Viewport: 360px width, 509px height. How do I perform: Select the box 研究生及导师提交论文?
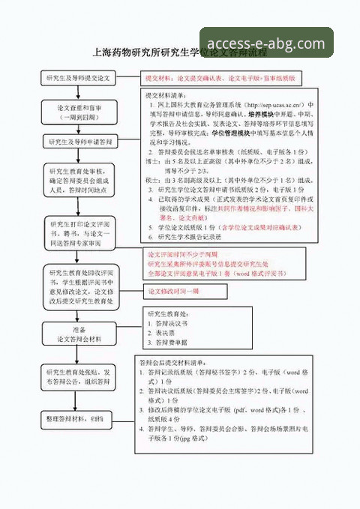(78, 78)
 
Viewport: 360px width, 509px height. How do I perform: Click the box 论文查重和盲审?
(78, 112)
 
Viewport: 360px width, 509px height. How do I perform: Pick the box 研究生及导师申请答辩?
(78, 142)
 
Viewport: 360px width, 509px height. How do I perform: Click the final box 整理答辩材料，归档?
(78, 417)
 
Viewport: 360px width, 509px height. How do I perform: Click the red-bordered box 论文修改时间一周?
(172, 291)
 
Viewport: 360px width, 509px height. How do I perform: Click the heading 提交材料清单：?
(167, 96)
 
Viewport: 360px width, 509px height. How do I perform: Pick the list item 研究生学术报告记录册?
(189, 236)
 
